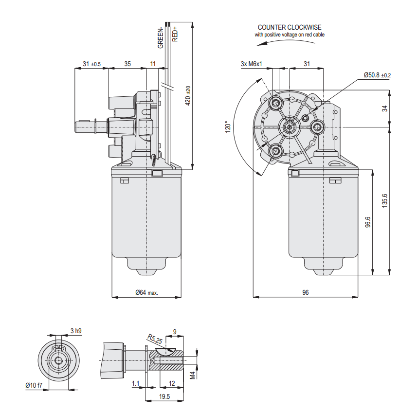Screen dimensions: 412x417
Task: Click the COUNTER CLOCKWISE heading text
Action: coord(290,27)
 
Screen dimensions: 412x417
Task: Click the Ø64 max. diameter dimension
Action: coord(146,292)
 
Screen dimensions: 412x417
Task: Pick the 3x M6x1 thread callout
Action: coord(252,64)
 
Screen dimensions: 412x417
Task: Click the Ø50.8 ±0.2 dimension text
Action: coord(377,75)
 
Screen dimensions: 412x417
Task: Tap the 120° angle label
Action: coord(228,127)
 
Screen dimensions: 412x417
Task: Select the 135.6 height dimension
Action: coord(384,200)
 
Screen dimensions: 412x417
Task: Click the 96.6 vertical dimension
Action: coord(368,222)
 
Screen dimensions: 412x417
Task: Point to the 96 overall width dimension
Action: coord(306,292)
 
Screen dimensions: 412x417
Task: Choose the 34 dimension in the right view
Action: coord(384,108)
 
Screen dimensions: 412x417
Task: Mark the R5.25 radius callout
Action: coord(155,339)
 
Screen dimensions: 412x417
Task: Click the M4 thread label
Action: coord(193,375)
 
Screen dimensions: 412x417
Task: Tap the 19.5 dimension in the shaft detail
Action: coord(164,396)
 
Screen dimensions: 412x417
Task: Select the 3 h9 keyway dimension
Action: coord(75,331)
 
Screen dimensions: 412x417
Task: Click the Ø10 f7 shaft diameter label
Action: coord(34,385)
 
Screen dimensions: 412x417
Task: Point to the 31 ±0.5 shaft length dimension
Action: coord(91,64)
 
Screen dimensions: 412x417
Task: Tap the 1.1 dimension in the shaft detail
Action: coord(135,384)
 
